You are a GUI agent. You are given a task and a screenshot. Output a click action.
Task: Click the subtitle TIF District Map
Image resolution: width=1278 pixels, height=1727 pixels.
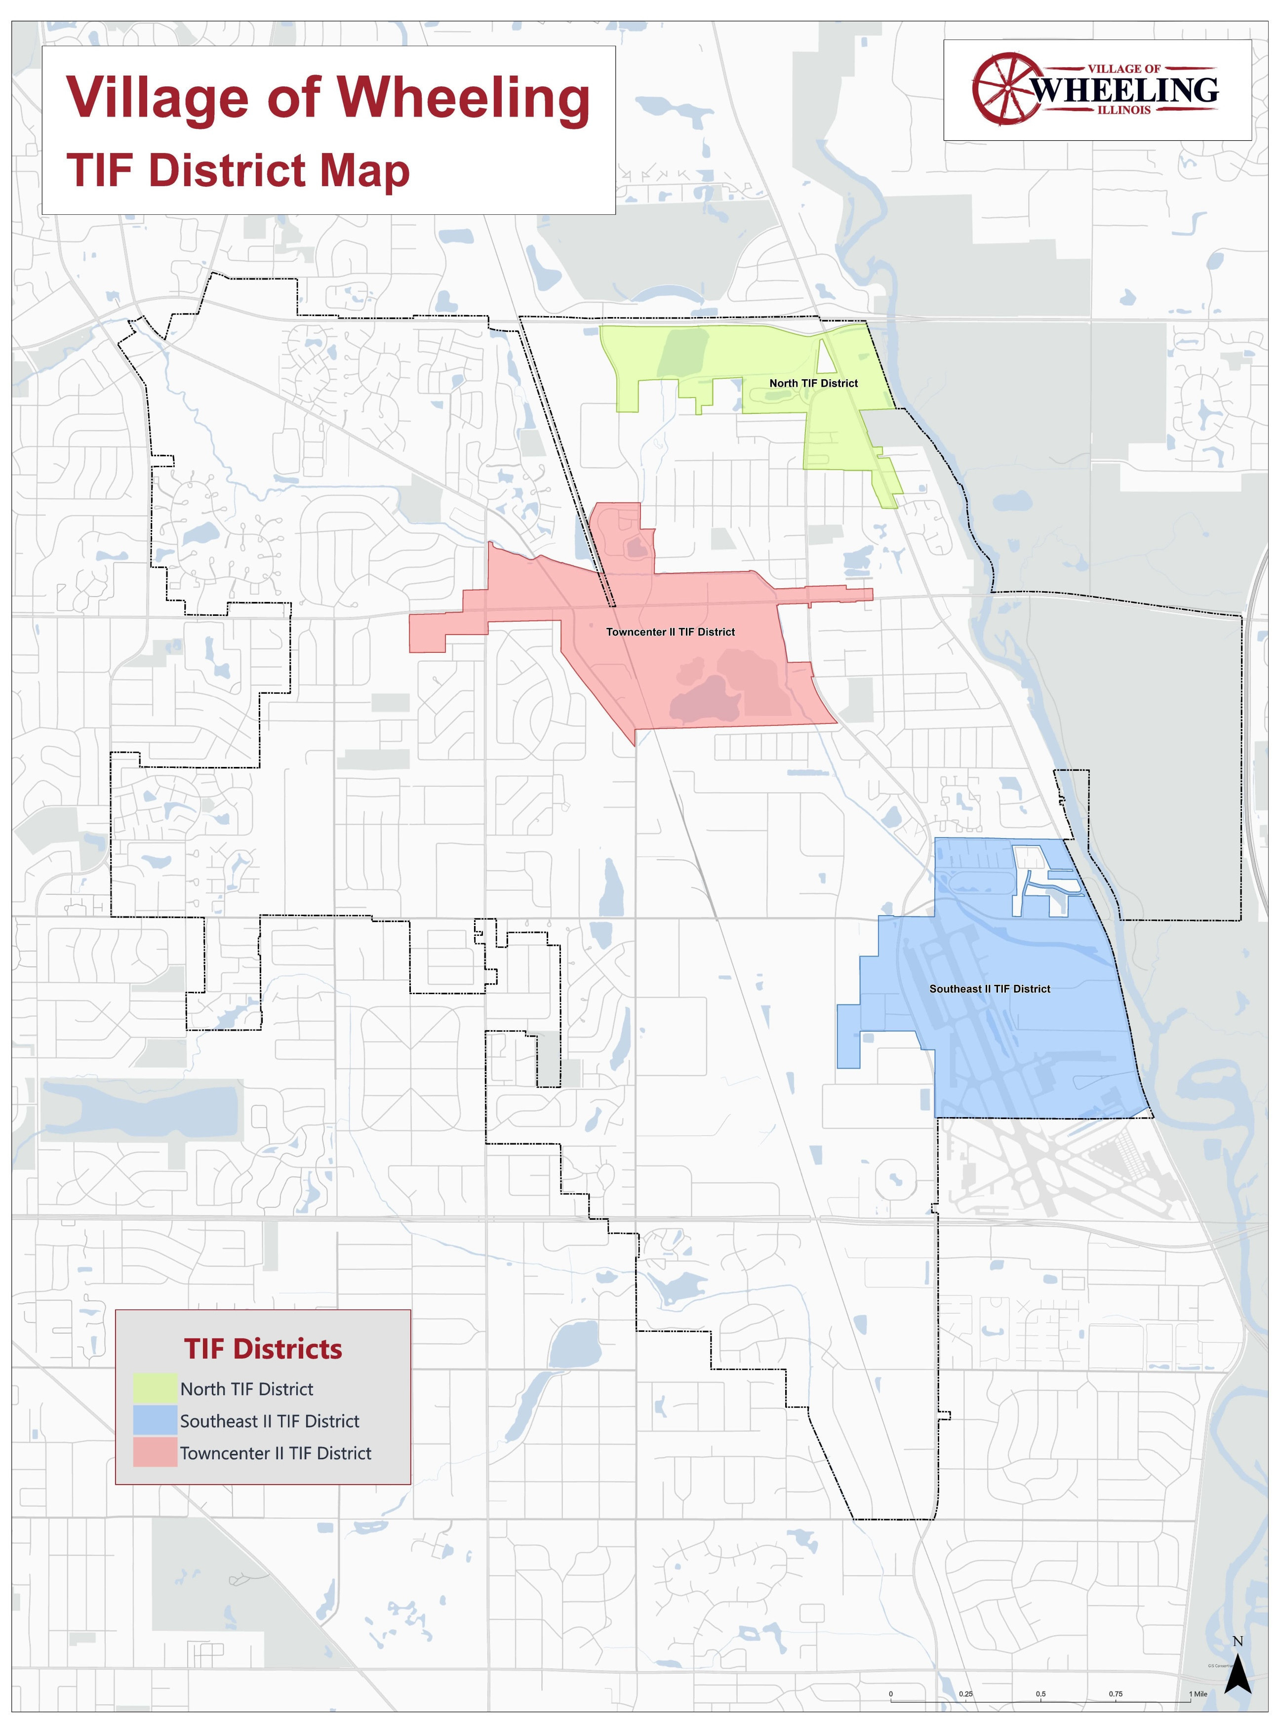239,170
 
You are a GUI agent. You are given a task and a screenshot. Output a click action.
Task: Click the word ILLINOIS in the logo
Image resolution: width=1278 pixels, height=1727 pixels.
1123,110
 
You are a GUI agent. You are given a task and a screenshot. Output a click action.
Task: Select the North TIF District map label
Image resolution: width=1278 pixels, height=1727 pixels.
813,383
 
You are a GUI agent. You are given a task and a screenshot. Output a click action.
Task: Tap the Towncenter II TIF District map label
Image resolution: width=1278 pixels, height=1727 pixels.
670,632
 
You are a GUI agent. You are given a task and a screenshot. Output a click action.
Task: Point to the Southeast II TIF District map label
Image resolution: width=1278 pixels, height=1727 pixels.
990,989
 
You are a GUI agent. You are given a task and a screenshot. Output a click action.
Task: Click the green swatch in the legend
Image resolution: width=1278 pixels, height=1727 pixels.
155,1389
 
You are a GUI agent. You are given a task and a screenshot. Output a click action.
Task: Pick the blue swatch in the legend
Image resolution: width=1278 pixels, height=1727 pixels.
155,1421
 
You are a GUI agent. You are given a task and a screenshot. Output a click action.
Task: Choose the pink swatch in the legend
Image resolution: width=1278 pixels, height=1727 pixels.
155,1453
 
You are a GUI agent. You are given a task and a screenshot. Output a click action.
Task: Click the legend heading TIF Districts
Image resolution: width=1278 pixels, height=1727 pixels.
263,1349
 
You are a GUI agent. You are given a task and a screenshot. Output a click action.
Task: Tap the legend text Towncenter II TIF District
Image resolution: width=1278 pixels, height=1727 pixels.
276,1453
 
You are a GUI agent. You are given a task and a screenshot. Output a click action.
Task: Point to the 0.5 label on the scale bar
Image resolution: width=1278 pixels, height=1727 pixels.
1040,1694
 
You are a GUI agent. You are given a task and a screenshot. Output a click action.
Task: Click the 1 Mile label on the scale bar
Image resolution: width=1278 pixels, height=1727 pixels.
1198,1694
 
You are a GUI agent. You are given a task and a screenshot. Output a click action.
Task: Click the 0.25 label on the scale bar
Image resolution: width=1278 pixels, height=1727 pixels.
965,1694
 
